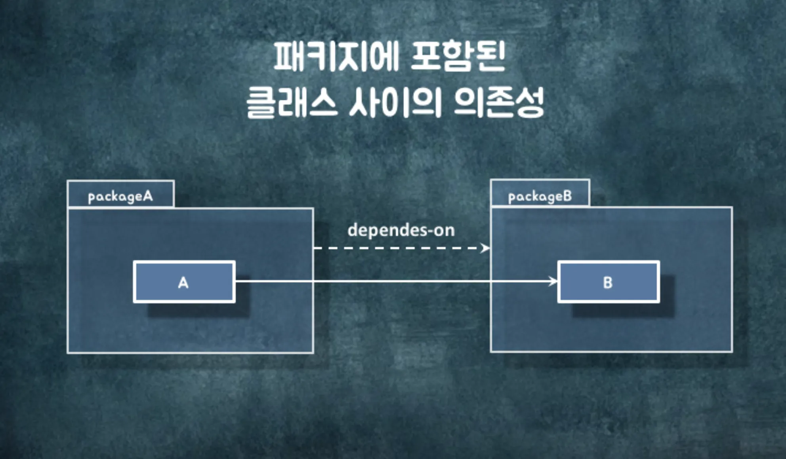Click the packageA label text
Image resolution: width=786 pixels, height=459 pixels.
click(120, 196)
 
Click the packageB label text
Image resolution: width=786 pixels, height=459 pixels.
click(540, 196)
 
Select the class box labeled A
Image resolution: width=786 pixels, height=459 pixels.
click(184, 282)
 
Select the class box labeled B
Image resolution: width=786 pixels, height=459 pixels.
click(609, 282)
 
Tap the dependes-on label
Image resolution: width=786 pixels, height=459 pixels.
click(401, 230)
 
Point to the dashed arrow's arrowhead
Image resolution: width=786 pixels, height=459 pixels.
click(485, 248)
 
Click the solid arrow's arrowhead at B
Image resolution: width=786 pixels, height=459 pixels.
click(553, 281)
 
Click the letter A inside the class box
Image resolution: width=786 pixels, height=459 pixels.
click(183, 283)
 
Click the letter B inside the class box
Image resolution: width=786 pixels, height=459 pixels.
click(608, 283)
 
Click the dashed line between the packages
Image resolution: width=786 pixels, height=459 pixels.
click(396, 248)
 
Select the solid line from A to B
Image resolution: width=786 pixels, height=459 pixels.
click(396, 281)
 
